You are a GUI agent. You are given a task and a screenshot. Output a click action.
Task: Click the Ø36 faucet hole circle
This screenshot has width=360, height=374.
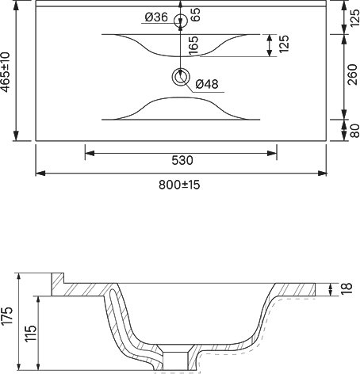click(x=181, y=14)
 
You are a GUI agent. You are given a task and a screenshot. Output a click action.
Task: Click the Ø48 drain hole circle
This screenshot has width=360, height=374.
click(x=181, y=70)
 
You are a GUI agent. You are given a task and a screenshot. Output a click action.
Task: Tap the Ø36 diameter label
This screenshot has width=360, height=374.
click(x=156, y=17)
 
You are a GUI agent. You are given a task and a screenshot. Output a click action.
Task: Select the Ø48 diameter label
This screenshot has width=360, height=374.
click(x=207, y=84)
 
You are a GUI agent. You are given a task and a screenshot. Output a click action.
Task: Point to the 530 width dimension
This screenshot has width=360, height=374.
click(x=182, y=160)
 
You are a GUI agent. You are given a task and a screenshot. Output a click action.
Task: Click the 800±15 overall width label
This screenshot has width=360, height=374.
click(x=179, y=185)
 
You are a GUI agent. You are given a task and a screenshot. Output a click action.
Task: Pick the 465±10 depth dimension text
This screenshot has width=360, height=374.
click(x=6, y=72)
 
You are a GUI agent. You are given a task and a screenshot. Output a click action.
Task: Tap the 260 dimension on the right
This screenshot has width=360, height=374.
click(x=353, y=74)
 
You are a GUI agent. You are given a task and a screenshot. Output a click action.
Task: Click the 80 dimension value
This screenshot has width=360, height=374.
click(x=354, y=131)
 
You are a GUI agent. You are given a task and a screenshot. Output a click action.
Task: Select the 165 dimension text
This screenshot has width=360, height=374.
click(x=193, y=45)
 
